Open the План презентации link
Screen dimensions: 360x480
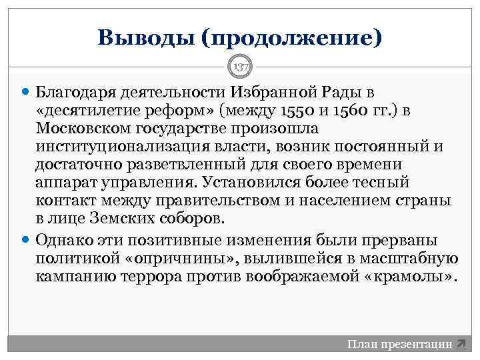pos(399,344)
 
